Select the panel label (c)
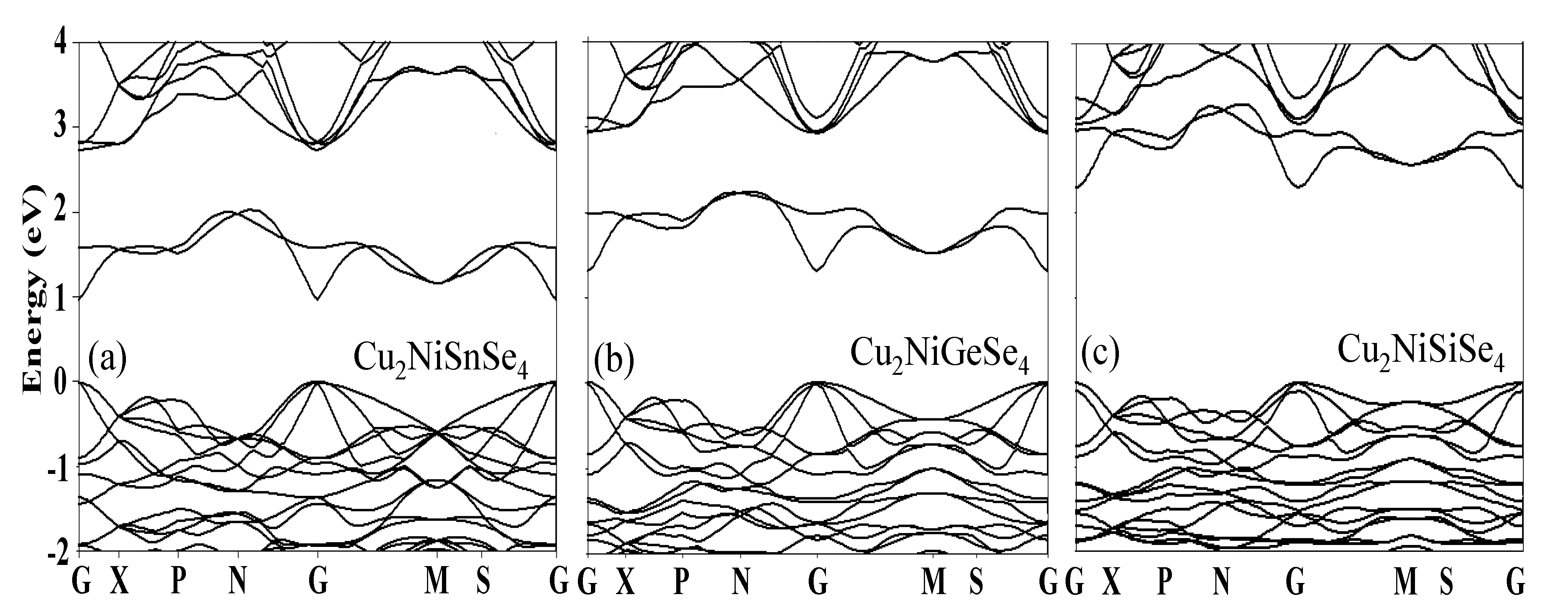(1099, 355)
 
